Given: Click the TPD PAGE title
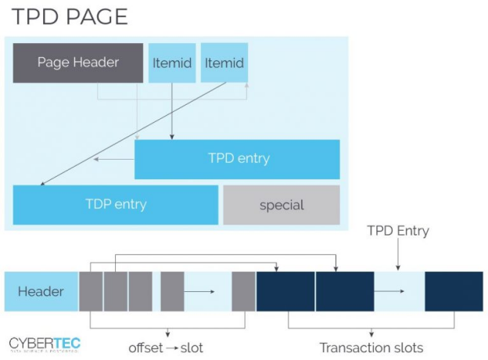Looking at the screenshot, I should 70,16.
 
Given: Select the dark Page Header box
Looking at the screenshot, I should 78,63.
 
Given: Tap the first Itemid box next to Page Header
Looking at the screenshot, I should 172,63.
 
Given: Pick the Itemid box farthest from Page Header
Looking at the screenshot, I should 224,63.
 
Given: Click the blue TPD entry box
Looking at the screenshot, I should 238,159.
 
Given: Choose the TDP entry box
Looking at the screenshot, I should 116,205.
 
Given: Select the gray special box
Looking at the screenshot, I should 282,205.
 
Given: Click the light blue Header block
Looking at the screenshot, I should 41,292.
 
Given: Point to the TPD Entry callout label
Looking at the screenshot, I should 398,231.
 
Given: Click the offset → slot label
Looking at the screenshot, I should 165,347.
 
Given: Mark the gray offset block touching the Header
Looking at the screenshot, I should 91,292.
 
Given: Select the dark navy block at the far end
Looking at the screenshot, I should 454,292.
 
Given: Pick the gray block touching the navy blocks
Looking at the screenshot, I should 243,292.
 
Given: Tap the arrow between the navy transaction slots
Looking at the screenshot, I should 399,292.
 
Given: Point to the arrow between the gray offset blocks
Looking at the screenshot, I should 202,292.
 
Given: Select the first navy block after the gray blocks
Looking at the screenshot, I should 285,292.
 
